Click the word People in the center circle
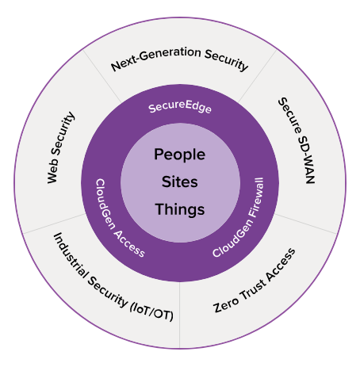pyautogui.click(x=179, y=155)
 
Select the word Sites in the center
pyautogui.click(x=180, y=182)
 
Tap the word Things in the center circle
pyautogui.click(x=180, y=210)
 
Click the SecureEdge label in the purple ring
pyautogui.click(x=180, y=107)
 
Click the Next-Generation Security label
pyautogui.click(x=180, y=59)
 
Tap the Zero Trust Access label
pyautogui.click(x=255, y=281)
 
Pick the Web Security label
pyautogui.click(x=60, y=147)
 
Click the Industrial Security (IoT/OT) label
pyautogui.click(x=113, y=278)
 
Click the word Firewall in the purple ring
pyautogui.click(x=255, y=197)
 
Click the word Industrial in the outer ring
pyautogui.click(x=71, y=255)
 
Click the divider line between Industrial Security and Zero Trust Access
pyautogui.click(x=180, y=315)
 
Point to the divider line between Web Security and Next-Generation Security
pyautogui.click(x=102, y=77)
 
